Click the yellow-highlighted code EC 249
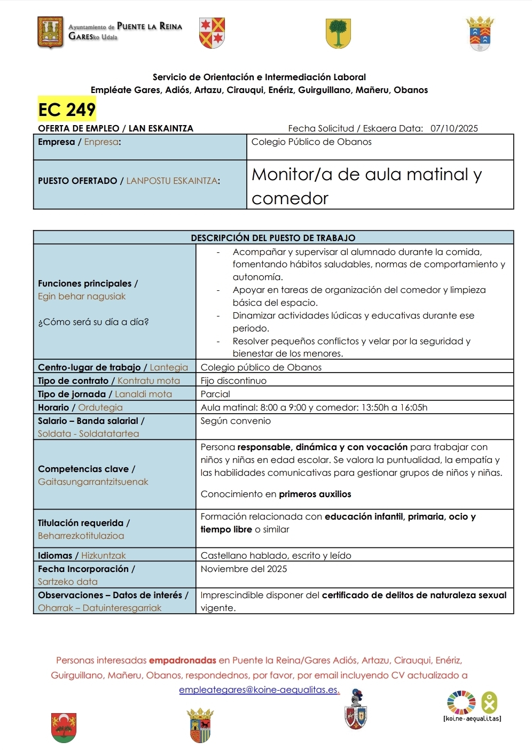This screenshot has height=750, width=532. pos(67,110)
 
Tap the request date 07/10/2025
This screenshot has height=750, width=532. pos(454,128)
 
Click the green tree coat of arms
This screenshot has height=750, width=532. pos(338,33)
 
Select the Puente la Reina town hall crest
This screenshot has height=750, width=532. pos(51,32)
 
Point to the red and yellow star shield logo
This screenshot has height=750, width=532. pos(212,33)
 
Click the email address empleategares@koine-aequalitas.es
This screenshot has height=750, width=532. pos(259,690)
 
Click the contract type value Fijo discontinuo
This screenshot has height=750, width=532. pos(233,381)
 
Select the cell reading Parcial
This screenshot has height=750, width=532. pos(215,394)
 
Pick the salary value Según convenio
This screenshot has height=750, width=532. pos(236,421)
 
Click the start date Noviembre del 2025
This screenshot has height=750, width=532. pos(244,569)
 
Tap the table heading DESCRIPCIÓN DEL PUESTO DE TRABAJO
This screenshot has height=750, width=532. pos(273,238)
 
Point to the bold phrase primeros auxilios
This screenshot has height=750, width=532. pos(315,494)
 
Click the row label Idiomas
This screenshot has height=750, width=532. pos(55,555)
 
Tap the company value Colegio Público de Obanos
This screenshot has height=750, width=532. pos(311,142)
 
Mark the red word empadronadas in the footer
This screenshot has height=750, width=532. pos(182,660)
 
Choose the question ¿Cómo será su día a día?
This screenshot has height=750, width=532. pos(93,322)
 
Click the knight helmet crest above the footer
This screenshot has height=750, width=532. pos(356,710)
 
